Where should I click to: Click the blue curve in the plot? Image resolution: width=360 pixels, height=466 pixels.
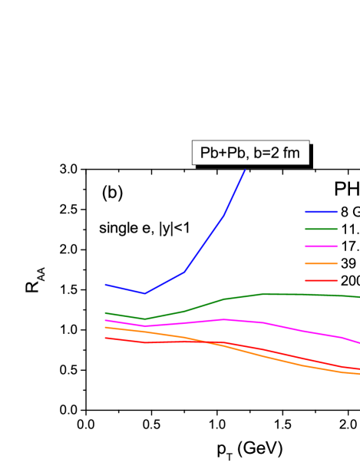click(203, 244)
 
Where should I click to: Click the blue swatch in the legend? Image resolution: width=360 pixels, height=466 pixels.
click(320, 211)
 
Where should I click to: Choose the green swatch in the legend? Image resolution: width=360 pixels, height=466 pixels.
click(320, 229)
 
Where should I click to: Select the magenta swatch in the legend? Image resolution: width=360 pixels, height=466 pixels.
click(320, 246)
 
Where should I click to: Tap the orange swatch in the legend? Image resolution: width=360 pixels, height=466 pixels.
click(320, 263)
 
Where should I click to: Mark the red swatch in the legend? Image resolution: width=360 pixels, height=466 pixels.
click(320, 280)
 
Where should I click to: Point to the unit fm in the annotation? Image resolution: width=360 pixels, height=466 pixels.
click(291, 153)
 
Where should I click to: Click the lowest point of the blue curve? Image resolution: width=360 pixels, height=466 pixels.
click(144, 293)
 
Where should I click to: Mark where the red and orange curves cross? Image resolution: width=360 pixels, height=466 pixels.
click(217, 343)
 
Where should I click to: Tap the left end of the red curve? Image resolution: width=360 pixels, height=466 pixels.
click(105, 338)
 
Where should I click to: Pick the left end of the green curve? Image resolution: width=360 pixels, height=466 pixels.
click(105, 312)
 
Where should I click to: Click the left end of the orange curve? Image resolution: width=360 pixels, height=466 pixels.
click(105, 327)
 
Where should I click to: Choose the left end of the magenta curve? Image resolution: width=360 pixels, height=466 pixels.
click(105, 320)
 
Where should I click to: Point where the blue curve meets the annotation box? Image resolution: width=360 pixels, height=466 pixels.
click(246, 165)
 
